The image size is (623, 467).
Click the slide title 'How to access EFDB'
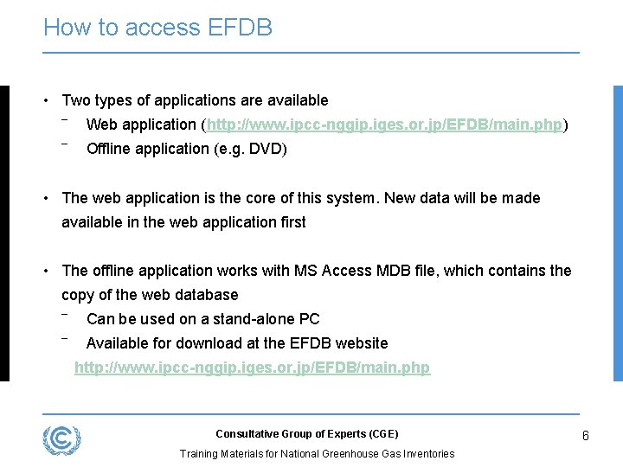[x=157, y=28]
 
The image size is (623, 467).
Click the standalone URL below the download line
[x=252, y=368]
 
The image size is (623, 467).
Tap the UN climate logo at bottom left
[x=62, y=440]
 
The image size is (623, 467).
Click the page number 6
[x=586, y=436]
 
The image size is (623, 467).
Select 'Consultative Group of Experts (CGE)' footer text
[x=306, y=434]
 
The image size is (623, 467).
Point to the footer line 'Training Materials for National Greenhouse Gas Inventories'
[x=317, y=454]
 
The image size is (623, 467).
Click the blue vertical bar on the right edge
[x=617, y=233]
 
